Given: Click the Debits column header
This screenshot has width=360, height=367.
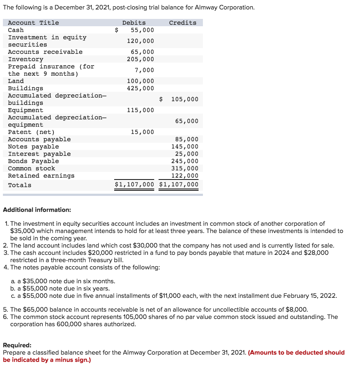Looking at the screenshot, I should (x=134, y=23).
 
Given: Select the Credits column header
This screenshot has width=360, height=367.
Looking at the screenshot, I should (x=183, y=23).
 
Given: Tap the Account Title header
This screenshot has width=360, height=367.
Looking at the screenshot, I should (x=33, y=23).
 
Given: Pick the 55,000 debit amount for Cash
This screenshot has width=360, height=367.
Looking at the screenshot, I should (x=142, y=30).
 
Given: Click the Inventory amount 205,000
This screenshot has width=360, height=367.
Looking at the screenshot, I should (x=140, y=59).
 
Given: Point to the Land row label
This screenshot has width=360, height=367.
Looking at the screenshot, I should (x=16, y=81).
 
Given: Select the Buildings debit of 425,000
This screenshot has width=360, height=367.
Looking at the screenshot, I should (x=140, y=88).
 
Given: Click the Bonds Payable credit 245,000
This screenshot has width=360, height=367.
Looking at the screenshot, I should (x=185, y=161).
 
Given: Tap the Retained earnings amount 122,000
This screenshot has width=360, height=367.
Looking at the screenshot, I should (x=185, y=175).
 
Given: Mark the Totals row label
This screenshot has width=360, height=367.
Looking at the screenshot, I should (x=20, y=185).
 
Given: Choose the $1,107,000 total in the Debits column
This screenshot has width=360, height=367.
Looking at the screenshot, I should (x=134, y=185).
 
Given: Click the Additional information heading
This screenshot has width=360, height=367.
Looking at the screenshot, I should (x=37, y=210).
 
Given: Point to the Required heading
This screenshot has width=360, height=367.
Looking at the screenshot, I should (x=17, y=345).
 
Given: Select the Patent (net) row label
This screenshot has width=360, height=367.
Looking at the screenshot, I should (x=31, y=132).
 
